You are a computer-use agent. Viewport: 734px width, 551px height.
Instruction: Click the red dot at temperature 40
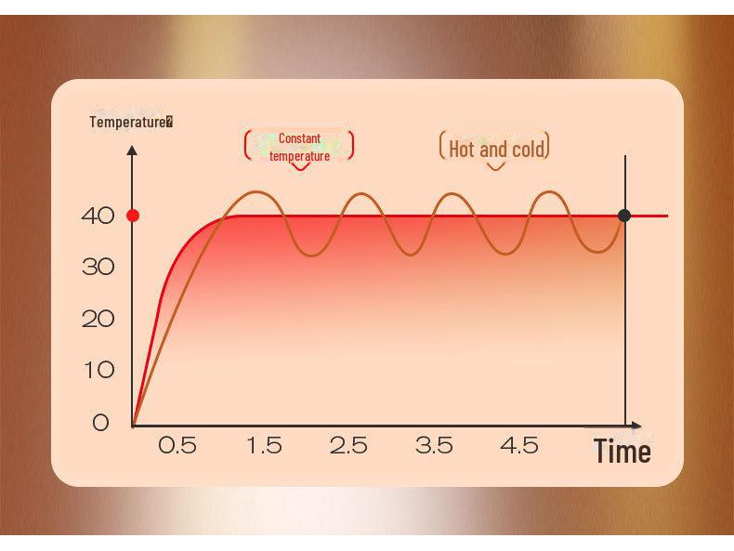click(133, 216)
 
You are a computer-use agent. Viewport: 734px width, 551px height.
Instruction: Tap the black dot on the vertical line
click(624, 216)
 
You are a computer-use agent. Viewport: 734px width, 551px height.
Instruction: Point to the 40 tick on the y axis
click(98, 216)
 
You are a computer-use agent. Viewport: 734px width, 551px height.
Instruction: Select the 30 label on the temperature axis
click(98, 268)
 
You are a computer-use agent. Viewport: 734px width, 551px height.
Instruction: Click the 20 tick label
click(98, 319)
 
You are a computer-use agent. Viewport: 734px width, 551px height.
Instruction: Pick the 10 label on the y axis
click(98, 370)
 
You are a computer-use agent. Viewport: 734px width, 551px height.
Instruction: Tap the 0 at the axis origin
click(100, 422)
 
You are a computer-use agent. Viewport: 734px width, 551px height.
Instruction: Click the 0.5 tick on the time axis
click(177, 446)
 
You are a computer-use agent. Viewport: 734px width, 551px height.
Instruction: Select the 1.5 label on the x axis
click(264, 446)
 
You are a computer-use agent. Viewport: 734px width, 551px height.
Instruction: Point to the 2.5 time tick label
click(348, 446)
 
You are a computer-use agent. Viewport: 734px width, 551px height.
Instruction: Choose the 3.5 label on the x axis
click(434, 446)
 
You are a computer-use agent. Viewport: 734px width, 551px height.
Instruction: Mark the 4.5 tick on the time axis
click(519, 446)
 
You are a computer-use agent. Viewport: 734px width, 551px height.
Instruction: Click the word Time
click(623, 453)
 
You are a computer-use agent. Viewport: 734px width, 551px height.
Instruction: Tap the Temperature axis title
click(130, 122)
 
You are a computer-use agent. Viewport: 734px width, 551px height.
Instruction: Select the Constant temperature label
click(299, 147)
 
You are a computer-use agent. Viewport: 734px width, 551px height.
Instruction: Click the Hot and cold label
click(495, 148)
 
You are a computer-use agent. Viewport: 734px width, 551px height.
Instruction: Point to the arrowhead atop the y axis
click(132, 149)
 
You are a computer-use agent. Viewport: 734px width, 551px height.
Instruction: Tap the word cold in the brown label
click(527, 148)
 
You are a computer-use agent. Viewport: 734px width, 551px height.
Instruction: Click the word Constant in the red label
click(299, 138)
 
